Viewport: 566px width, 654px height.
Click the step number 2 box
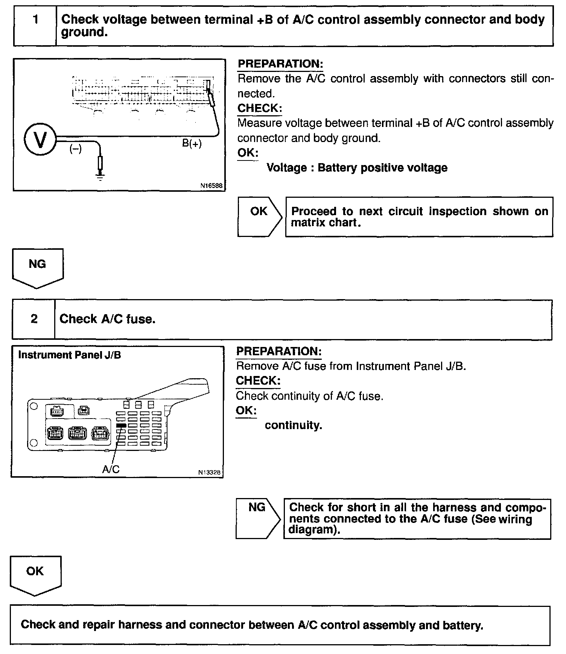pyautogui.click(x=34, y=319)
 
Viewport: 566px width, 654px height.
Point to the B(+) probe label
pyautogui.click(x=192, y=144)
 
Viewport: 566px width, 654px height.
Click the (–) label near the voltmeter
pyautogui.click(x=75, y=149)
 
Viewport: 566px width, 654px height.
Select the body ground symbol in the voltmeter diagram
pyautogui.click(x=100, y=176)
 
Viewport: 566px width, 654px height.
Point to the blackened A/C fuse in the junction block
pyautogui.click(x=121, y=425)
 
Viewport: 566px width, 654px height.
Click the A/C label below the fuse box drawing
pyautogui.click(x=111, y=469)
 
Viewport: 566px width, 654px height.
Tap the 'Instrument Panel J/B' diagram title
pyautogui.click(x=70, y=355)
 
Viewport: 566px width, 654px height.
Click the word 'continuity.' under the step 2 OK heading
pyautogui.click(x=294, y=425)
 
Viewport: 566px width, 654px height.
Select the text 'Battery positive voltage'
pyautogui.click(x=382, y=168)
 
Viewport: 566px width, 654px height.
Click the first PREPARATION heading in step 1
pyautogui.click(x=280, y=64)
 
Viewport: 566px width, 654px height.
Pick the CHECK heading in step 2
pyautogui.click(x=258, y=381)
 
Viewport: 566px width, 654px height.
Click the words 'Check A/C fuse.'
pyautogui.click(x=107, y=319)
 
